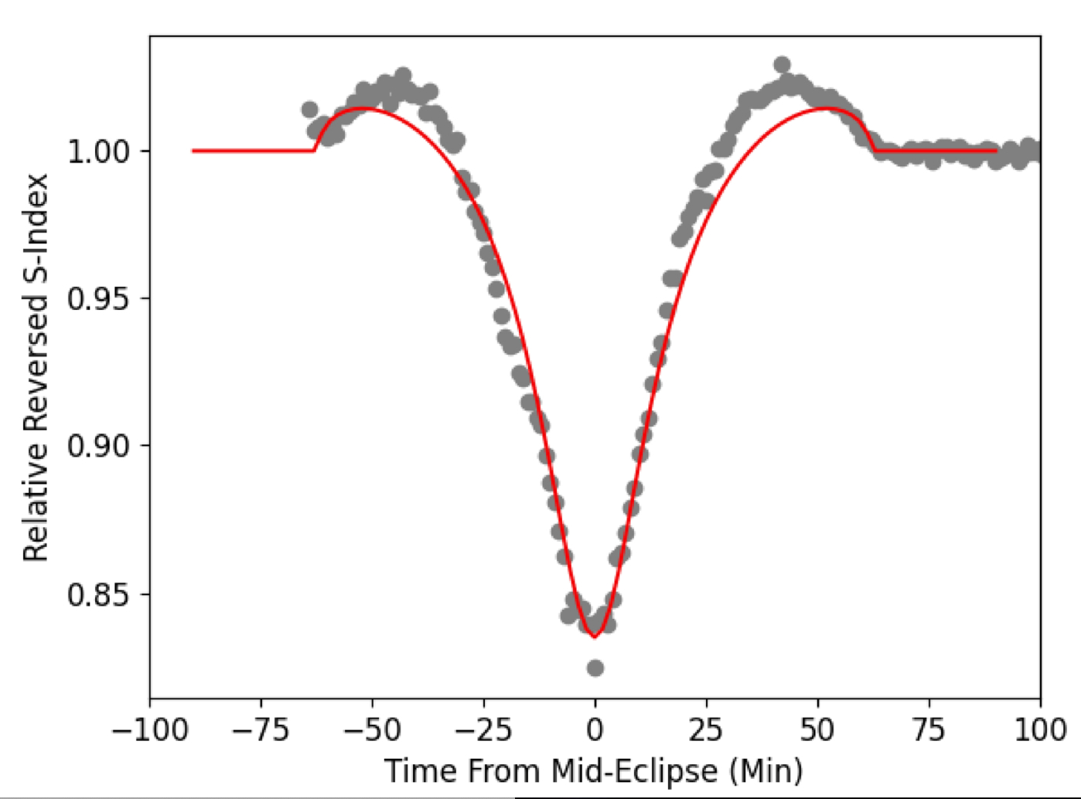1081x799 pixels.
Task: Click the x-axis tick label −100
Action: (150, 730)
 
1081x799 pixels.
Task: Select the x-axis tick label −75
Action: (261, 730)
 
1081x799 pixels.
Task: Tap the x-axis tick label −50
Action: (372, 730)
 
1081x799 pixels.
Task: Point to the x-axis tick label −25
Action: (483, 730)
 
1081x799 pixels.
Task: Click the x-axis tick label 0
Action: (595, 730)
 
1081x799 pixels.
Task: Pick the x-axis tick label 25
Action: (706, 730)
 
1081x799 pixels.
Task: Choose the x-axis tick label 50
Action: (817, 730)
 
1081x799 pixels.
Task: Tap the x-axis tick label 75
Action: (929, 730)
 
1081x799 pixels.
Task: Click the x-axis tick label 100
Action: (1040, 730)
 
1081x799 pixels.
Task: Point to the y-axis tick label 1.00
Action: (98, 151)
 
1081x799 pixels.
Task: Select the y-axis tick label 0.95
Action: (98, 299)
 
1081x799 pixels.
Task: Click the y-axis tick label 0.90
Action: (98, 447)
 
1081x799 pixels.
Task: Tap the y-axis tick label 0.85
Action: (98, 595)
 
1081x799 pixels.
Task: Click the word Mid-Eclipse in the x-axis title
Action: (634, 771)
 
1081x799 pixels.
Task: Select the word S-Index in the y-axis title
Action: (36, 233)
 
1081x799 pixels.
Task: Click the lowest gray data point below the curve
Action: (595, 668)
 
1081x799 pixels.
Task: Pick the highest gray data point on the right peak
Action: (782, 64)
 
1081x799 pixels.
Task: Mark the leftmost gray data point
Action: (309, 110)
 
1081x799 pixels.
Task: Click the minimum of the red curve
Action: (595, 637)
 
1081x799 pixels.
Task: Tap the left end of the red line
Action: (193, 151)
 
